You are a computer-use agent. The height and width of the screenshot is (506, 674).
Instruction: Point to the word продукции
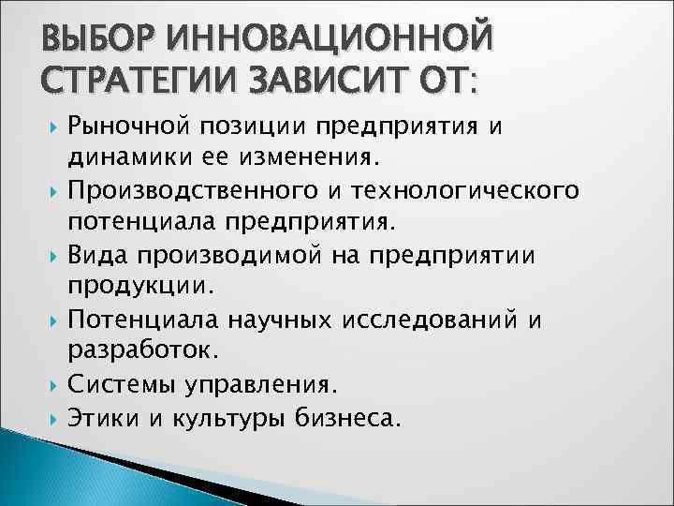pyautogui.click(x=128, y=283)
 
